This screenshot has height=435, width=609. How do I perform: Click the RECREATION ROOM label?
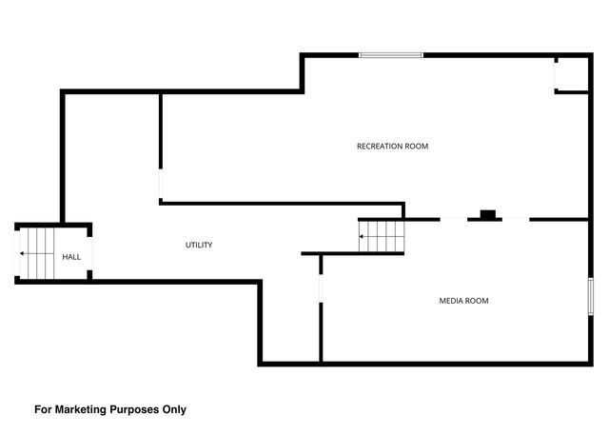pos(392,147)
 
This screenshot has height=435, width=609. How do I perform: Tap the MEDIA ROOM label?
pos(463,301)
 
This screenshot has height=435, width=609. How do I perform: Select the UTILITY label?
pos(199,245)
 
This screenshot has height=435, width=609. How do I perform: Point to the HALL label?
pos(71,257)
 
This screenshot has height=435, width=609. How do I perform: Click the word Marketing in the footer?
pos(81,409)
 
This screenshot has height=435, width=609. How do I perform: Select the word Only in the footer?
pos(174,409)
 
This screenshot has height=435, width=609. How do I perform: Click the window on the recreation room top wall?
pos(391,55)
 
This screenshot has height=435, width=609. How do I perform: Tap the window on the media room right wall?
pos(590,296)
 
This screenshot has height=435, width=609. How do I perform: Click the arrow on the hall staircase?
pos(37,253)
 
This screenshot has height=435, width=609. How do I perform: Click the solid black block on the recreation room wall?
pos(488,214)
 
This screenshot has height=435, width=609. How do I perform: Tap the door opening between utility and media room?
pos(321,288)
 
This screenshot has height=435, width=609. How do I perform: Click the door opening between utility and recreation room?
pos(161,184)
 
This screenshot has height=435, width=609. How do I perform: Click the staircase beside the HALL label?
pos(37,253)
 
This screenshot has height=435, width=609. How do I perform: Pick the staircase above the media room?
pos(382,236)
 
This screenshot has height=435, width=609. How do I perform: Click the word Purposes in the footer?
pos(134,410)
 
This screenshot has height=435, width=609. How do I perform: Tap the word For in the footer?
pos(43,409)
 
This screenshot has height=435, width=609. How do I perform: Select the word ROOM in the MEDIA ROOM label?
pos(478,301)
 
